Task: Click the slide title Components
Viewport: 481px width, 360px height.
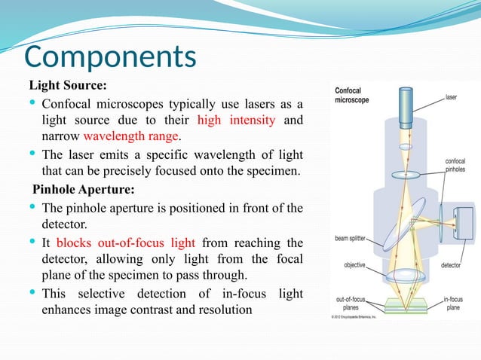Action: [x=111, y=57]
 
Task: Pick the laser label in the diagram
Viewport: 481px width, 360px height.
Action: [x=451, y=97]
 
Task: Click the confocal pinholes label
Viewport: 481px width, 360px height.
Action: [x=455, y=166]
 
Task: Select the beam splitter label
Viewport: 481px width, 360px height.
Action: [x=350, y=239]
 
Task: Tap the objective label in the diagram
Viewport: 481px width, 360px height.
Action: [x=354, y=265]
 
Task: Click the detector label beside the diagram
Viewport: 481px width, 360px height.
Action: [x=451, y=266]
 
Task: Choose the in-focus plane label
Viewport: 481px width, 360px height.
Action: [x=453, y=304]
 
